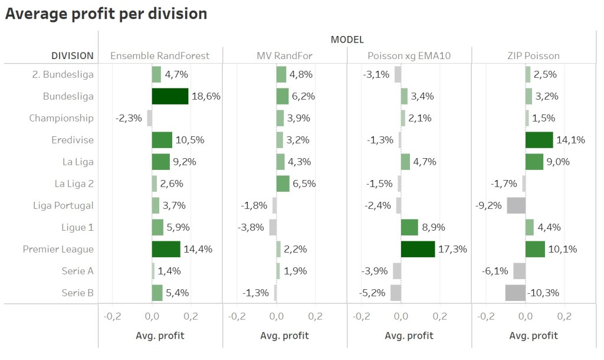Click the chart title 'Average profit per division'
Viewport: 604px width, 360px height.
coord(106,14)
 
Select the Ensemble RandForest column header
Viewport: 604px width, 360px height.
coord(160,56)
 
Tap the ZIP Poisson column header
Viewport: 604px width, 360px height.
coord(534,56)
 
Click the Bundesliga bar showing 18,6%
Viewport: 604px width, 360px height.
coord(170,96)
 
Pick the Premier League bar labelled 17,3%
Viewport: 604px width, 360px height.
coord(418,249)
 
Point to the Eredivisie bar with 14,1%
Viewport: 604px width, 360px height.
coord(539,140)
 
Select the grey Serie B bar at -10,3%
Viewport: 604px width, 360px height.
coord(515,293)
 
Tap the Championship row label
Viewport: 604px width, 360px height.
coord(61,118)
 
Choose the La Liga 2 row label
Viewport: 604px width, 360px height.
coord(74,184)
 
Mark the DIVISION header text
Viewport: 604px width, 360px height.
coord(73,56)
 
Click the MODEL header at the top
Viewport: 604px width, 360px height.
coord(347,40)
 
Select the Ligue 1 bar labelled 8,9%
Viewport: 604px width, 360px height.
coord(409,227)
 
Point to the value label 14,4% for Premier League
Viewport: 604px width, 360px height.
coord(198,249)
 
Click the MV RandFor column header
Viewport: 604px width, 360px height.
coord(284,56)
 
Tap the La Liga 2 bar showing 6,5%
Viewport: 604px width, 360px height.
coord(283,184)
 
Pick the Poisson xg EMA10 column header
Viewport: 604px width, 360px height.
coord(409,56)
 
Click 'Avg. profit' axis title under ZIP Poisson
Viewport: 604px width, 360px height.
coord(534,336)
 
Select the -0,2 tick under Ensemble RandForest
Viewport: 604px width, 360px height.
coord(112,316)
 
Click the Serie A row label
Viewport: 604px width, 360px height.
coord(77,271)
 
